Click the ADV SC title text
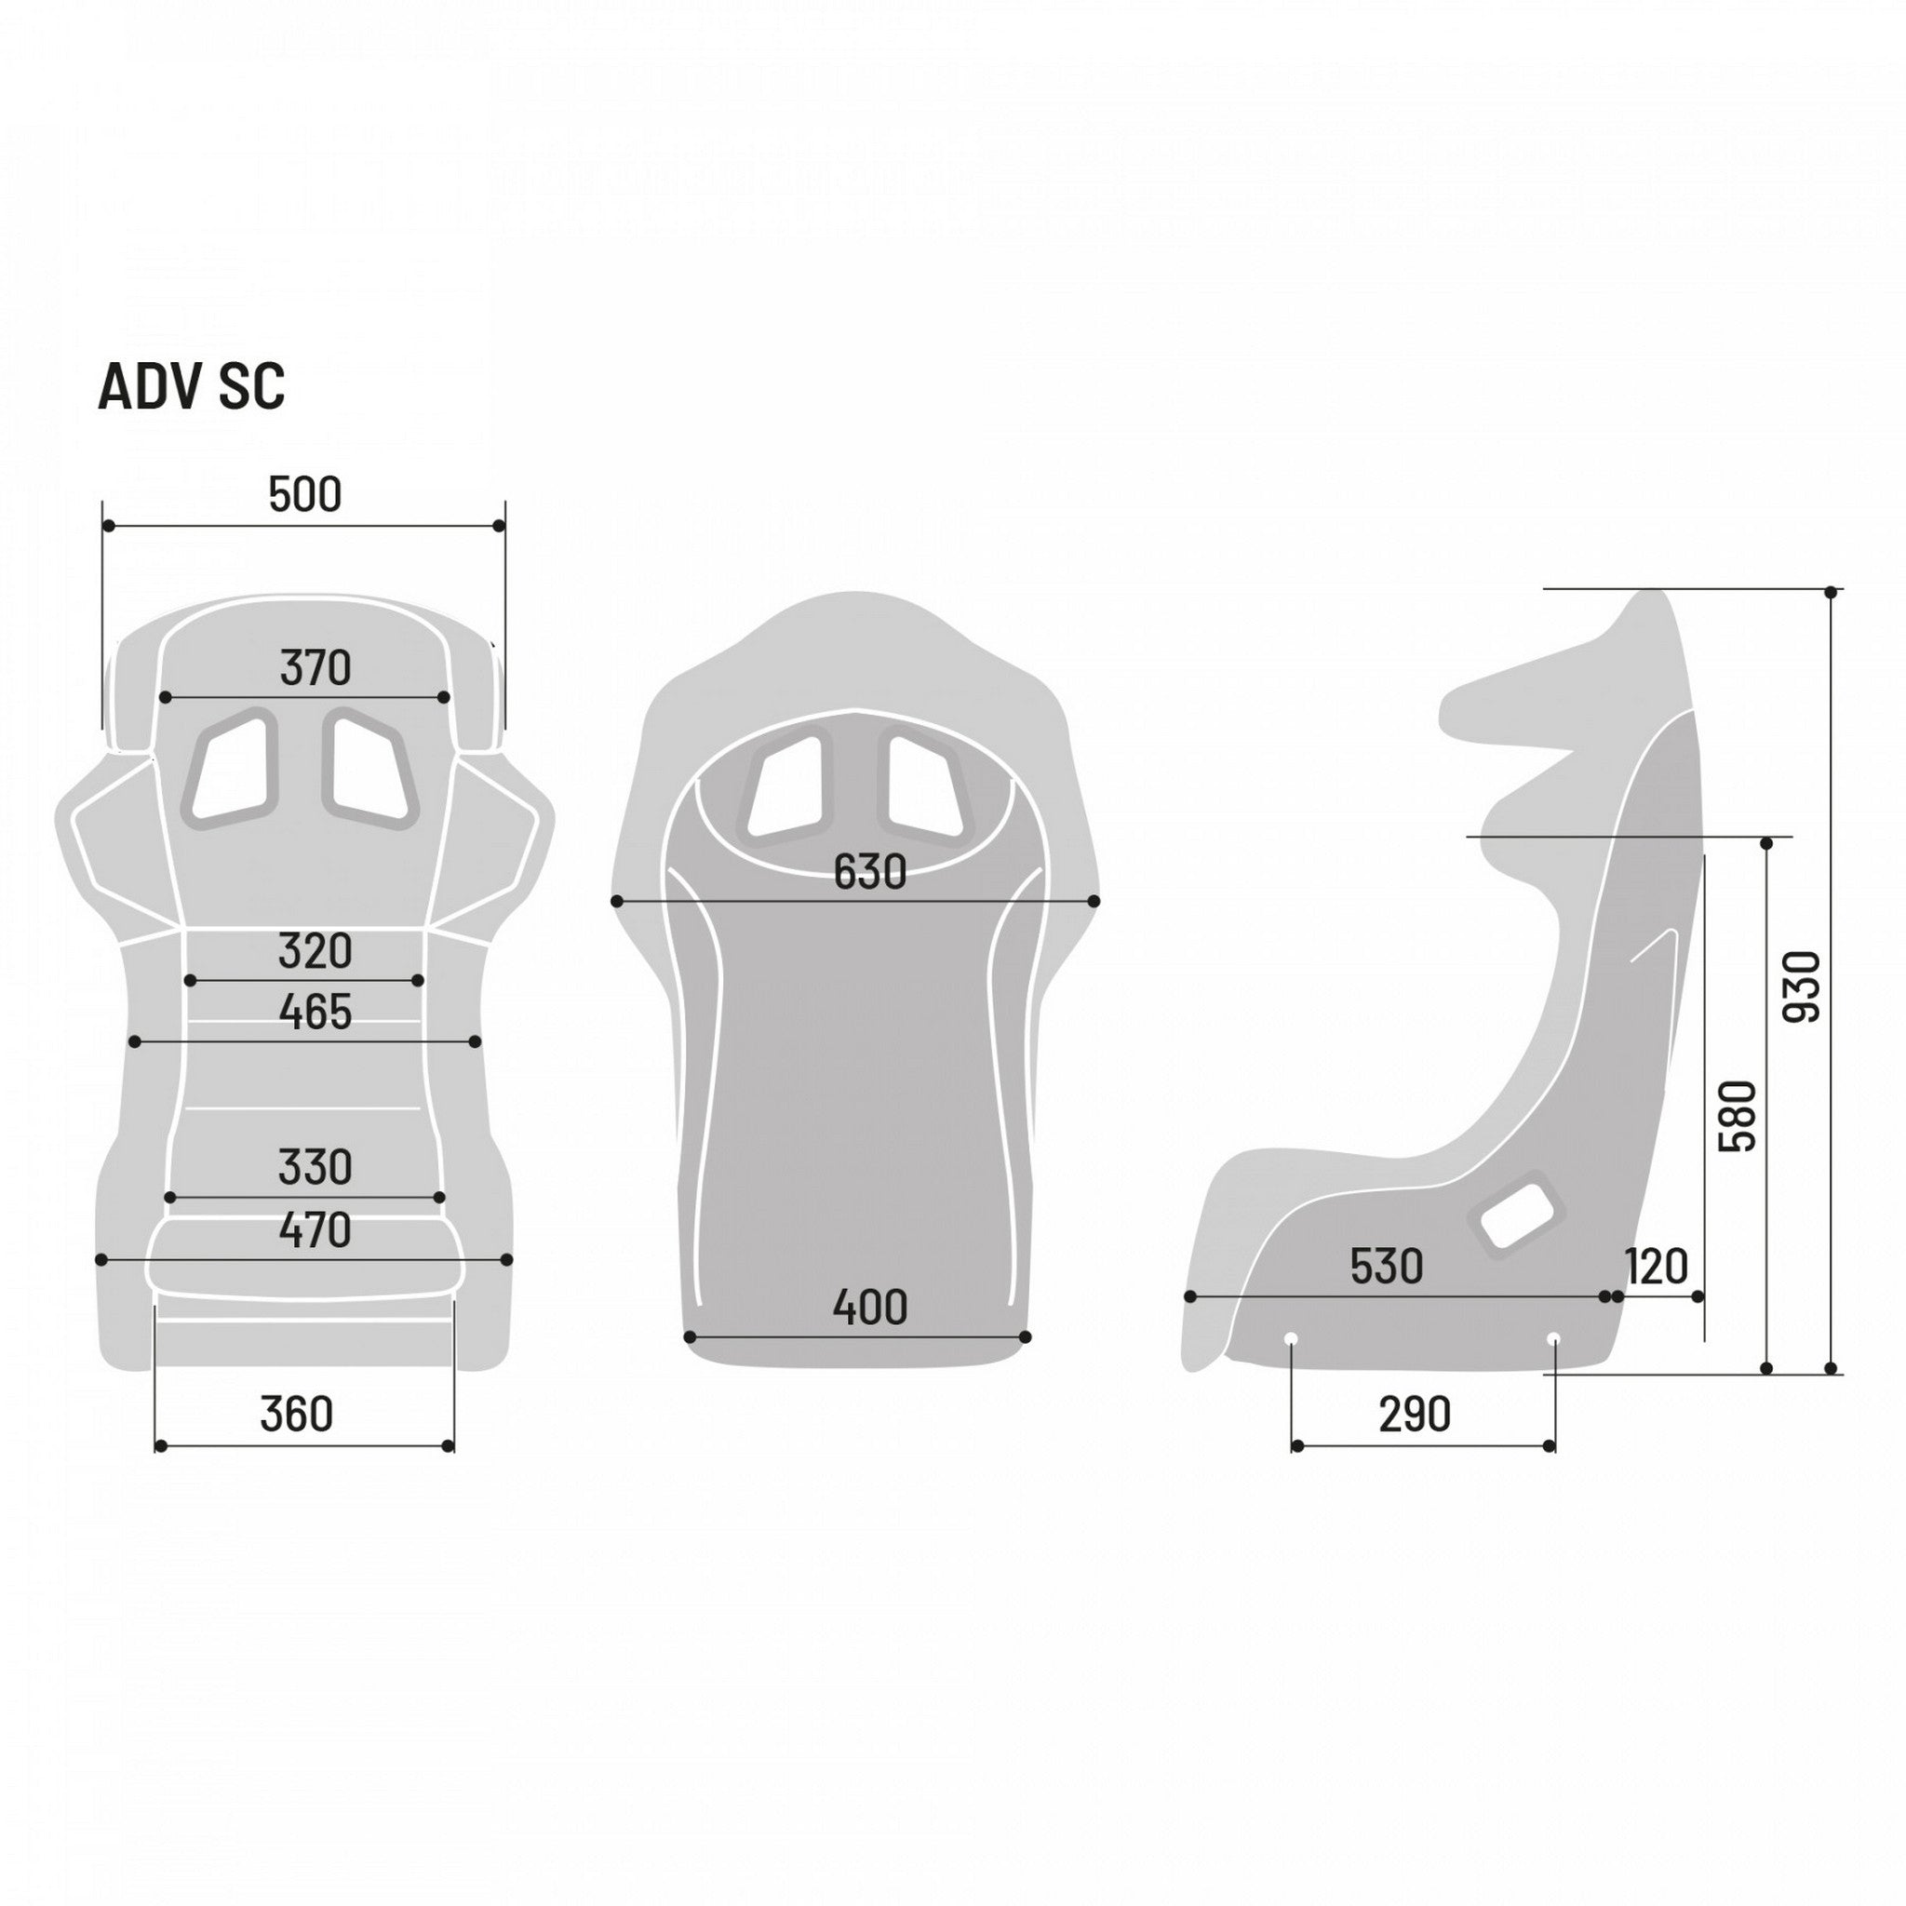point(192,387)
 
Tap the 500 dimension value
point(305,495)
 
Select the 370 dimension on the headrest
point(315,669)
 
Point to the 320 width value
point(315,952)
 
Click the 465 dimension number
point(315,1013)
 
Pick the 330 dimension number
point(315,1168)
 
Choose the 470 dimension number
point(315,1230)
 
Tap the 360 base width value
point(296,1415)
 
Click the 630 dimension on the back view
point(869,872)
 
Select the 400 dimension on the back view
point(869,1309)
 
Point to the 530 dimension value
point(1386,1267)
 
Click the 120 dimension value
point(1657,1267)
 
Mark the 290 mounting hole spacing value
point(1415,1415)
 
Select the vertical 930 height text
point(1804,987)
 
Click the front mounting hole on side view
point(1291,1338)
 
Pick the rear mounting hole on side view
point(1554,1338)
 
